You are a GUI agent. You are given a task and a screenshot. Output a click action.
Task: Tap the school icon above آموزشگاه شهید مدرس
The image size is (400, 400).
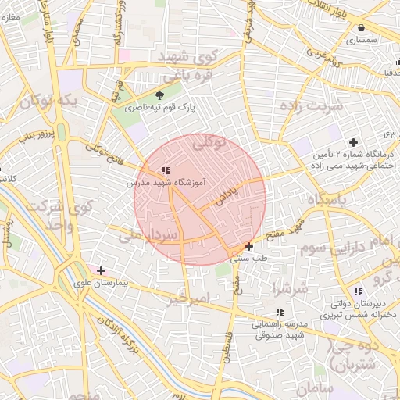[166, 170]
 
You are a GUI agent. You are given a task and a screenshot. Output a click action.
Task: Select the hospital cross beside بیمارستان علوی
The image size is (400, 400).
[101, 270]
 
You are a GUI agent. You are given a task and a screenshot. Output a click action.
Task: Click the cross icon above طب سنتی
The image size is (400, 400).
[248, 246]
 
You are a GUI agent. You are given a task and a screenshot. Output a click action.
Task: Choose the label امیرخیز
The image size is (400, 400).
[188, 299]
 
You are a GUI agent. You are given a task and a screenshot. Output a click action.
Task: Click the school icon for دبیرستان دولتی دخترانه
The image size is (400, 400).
[358, 291]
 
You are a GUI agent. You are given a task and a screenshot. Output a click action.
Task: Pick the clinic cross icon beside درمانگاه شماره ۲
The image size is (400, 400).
[354, 142]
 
